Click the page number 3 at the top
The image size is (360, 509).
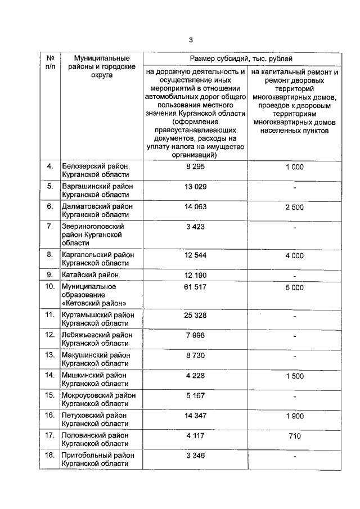(191, 40)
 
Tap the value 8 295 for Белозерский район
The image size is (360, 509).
(195, 166)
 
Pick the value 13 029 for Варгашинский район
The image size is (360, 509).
(195, 187)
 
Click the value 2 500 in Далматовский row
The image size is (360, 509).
(295, 207)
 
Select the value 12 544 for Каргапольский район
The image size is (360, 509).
(195, 255)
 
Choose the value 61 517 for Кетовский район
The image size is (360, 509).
(195, 287)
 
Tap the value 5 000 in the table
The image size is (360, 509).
(295, 287)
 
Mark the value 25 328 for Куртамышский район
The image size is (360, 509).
(195, 315)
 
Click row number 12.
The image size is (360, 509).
(50, 335)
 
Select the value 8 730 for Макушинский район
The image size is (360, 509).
(195, 355)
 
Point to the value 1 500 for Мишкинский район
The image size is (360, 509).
(295, 375)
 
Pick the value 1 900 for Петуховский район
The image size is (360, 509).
(295, 415)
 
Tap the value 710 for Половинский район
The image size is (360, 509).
(295, 435)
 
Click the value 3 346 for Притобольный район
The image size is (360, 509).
(195, 456)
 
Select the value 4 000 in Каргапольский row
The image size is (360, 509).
(295, 255)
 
